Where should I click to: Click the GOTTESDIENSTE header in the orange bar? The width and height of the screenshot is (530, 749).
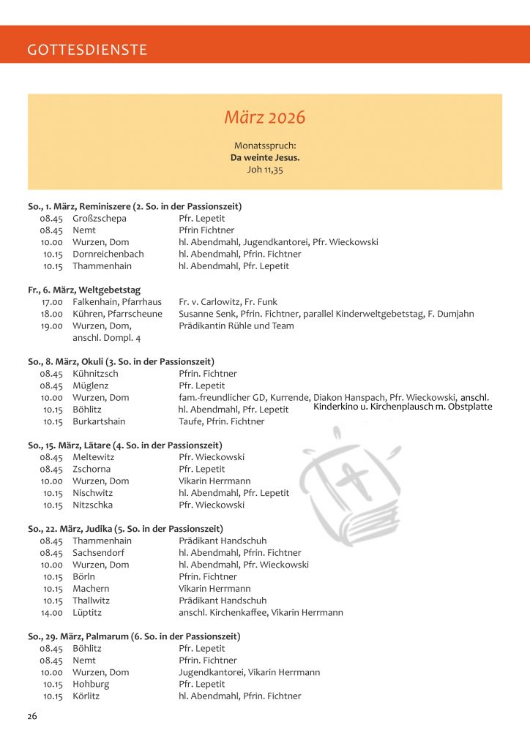tap(87, 50)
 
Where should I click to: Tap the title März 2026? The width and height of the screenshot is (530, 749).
tap(264, 118)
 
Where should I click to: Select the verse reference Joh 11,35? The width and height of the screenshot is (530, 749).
tap(264, 169)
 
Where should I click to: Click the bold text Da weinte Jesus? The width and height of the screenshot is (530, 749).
tap(264, 157)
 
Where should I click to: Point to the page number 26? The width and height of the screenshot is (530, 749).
tap(32, 716)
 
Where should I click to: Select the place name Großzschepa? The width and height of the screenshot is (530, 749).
tap(100, 219)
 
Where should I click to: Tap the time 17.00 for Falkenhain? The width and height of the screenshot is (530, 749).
tap(52, 302)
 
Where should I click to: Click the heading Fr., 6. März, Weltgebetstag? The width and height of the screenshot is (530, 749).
tap(84, 290)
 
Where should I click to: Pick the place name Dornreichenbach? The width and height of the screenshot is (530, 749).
tap(108, 254)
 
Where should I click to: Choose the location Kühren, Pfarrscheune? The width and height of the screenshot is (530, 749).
tap(117, 314)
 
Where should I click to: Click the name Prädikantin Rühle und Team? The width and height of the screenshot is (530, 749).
tap(236, 325)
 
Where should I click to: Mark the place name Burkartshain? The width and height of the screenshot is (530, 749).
tap(99, 421)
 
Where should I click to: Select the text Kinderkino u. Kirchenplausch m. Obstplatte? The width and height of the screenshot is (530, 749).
tap(403, 407)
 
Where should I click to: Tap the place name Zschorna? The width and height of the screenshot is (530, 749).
tap(92, 469)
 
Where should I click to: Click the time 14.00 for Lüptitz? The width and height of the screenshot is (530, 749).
tap(52, 612)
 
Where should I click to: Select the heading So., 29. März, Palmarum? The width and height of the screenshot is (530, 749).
tap(134, 636)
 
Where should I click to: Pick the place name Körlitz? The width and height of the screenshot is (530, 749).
tap(86, 696)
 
